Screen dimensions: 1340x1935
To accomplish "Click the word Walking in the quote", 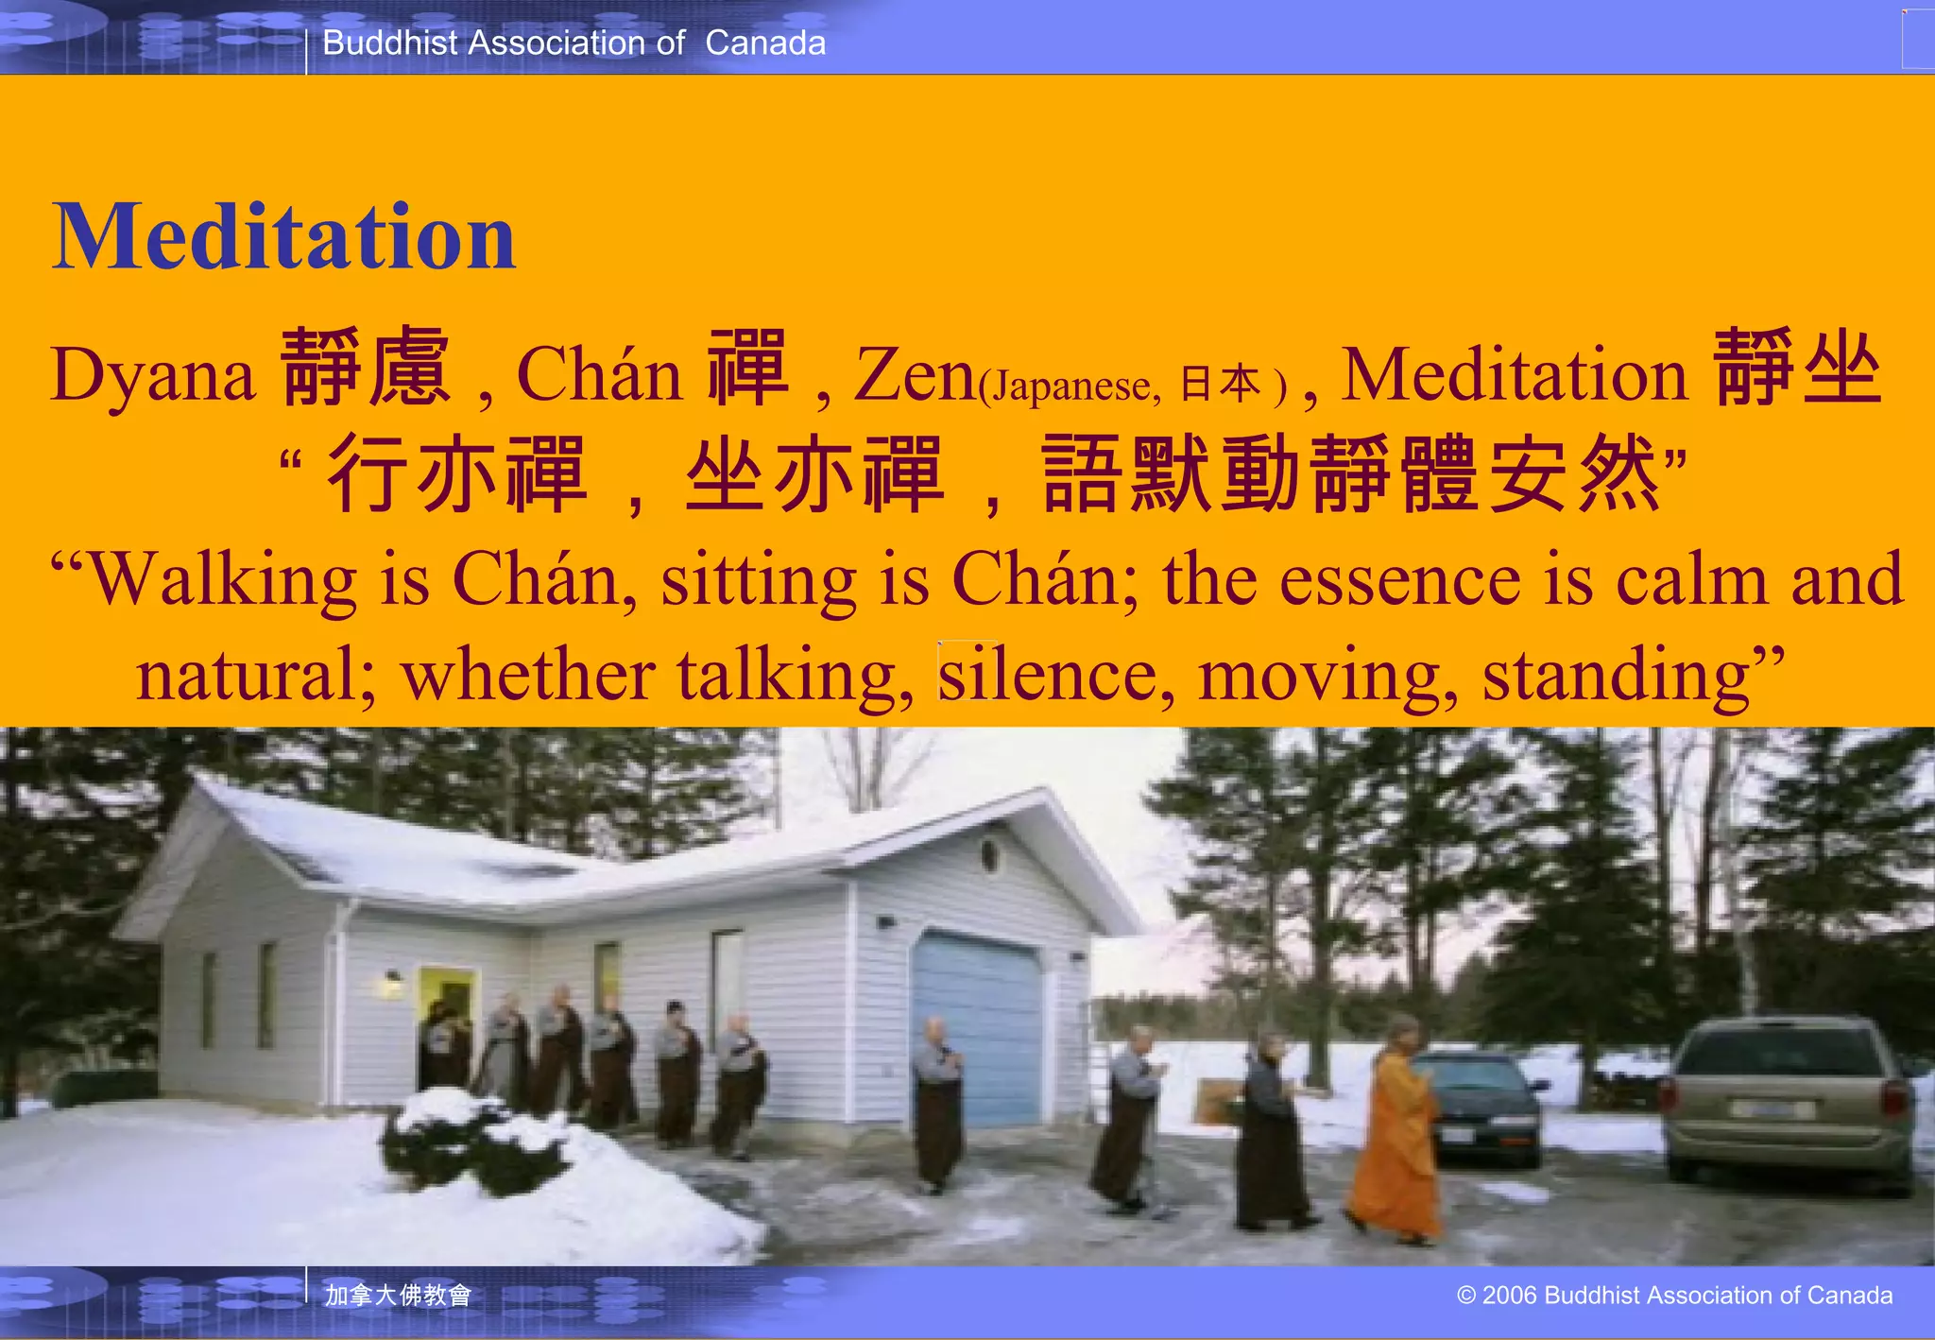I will [223, 579].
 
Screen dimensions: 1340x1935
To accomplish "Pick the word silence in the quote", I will [1047, 675].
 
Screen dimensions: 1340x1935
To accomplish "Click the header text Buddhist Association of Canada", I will [574, 43].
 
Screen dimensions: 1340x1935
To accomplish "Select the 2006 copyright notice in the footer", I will [1674, 1295].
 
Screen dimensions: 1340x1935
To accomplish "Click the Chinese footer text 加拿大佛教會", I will [398, 1295].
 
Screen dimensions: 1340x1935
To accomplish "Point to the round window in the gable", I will [990, 856].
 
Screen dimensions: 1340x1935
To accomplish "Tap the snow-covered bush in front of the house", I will [472, 1139].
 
